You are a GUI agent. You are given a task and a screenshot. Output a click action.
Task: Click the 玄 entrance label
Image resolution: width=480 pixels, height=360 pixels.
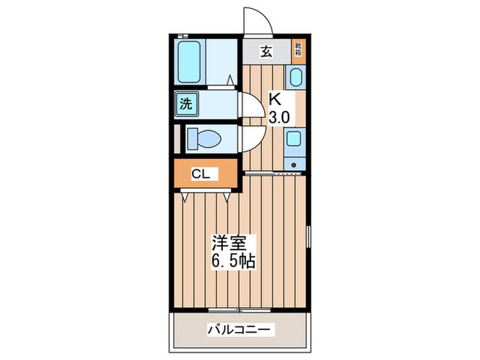[x=266, y=50]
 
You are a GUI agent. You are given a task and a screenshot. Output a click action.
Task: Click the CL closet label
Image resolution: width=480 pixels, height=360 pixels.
[x=200, y=175]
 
